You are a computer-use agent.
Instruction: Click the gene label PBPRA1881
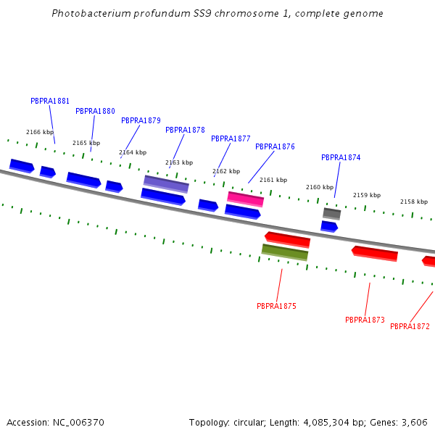[50, 101]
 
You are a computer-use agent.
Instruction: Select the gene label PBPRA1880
[95, 111]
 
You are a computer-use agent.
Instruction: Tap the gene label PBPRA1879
[141, 120]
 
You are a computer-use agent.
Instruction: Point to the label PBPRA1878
[185, 130]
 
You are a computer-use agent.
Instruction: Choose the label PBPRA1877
[231, 138]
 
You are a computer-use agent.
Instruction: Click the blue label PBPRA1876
[275, 146]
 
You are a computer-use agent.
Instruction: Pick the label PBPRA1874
[341, 157]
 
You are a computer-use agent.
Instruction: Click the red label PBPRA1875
[276, 306]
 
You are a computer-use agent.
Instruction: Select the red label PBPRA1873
[365, 320]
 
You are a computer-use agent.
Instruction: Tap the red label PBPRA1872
[410, 326]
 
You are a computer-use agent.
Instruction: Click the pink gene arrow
[246, 199]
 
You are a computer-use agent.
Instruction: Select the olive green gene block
[285, 252]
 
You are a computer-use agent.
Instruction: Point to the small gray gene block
[331, 213]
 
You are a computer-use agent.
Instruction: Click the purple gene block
[166, 183]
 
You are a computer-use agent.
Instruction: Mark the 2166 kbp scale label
[40, 132]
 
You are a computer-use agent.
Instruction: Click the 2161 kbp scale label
[273, 180]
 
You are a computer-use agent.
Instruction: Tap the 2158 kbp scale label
[414, 202]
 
